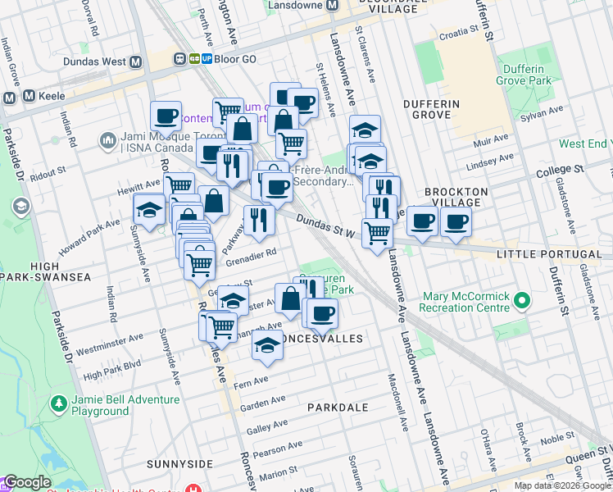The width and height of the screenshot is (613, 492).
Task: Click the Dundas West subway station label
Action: (x=91, y=61)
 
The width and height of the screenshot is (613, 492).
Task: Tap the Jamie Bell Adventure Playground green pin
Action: (x=58, y=403)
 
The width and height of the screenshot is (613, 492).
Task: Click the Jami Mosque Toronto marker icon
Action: (x=108, y=142)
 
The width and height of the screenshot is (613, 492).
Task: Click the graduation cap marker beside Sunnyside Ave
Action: (x=149, y=211)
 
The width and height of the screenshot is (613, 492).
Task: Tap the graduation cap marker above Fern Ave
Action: (x=266, y=346)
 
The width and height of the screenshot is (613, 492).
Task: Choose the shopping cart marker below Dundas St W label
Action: (x=377, y=232)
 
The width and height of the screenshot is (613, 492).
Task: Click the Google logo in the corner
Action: (x=27, y=482)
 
